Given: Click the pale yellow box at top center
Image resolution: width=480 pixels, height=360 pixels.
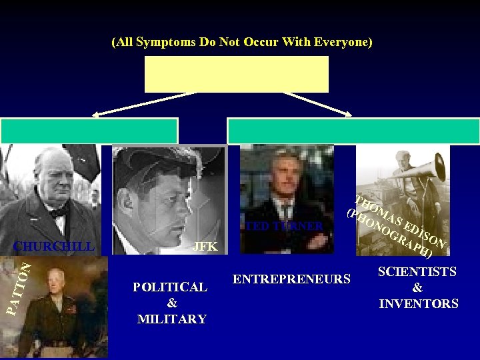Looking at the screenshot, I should point(237,74).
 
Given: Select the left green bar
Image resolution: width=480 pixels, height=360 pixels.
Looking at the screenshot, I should point(89,131).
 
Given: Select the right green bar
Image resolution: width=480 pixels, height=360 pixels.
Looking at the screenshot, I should point(353,131).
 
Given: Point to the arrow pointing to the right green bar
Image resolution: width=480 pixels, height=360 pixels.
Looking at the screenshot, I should point(319,104).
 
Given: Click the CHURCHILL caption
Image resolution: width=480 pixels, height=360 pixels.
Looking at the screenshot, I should point(54,246).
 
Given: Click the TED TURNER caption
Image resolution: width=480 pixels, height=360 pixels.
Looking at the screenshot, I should point(284,226).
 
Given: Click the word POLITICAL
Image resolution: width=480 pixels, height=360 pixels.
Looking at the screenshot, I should point(170,287).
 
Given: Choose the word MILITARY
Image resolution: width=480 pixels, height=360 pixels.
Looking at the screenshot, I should point(171,319).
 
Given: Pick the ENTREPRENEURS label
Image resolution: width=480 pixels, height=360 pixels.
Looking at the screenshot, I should point(292,279).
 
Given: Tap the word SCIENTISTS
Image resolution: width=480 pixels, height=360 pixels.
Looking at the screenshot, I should point(417,272).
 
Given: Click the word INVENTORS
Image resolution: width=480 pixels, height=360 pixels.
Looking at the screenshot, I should point(419,304).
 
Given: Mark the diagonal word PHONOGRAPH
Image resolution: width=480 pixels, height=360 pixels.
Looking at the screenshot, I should point(390,233).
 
